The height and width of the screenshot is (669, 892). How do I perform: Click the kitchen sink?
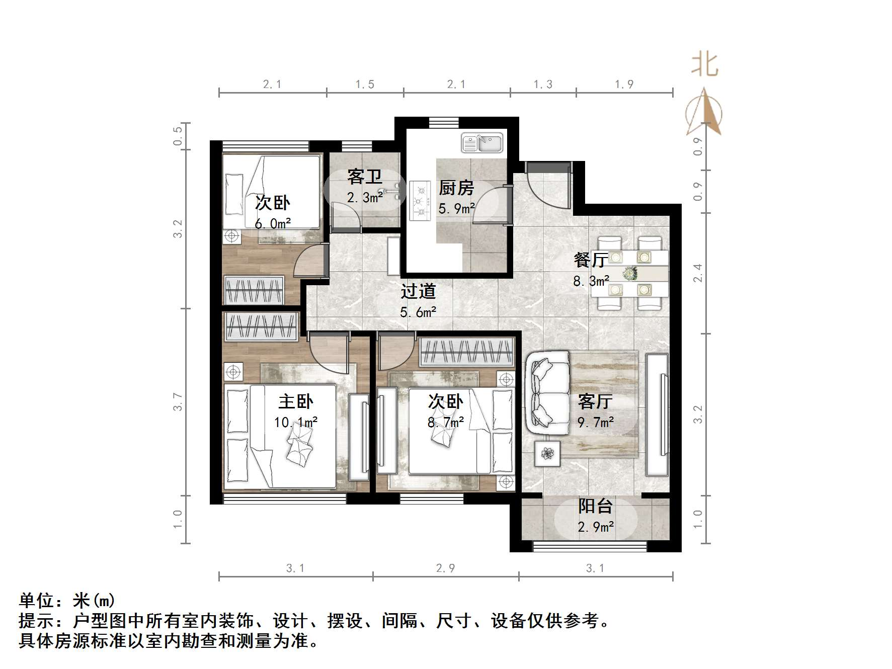click(x=482, y=143)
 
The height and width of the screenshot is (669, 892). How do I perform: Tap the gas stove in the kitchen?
click(x=420, y=201)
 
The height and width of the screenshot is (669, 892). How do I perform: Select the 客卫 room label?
click(x=364, y=177)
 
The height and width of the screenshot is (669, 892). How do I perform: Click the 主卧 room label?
click(x=296, y=401)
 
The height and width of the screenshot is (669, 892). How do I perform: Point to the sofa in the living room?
click(x=547, y=393)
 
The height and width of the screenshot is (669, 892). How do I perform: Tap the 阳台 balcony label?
click(x=595, y=506)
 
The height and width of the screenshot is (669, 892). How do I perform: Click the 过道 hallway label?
click(x=418, y=291)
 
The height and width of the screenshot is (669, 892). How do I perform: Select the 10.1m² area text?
click(x=296, y=423)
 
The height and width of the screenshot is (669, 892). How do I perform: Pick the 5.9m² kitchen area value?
click(x=456, y=208)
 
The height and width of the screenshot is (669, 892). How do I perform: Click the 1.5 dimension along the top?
click(x=365, y=85)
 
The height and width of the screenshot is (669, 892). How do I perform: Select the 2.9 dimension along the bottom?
click(x=445, y=568)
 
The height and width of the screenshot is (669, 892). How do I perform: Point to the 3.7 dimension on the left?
click(x=178, y=401)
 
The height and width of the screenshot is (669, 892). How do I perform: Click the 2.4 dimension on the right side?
click(x=697, y=273)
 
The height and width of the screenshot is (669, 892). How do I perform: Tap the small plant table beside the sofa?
click(x=547, y=454)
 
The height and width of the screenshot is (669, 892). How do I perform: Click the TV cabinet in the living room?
click(x=657, y=415)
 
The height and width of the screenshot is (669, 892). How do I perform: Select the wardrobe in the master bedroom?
click(x=261, y=327)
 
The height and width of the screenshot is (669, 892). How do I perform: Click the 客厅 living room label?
click(x=595, y=401)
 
